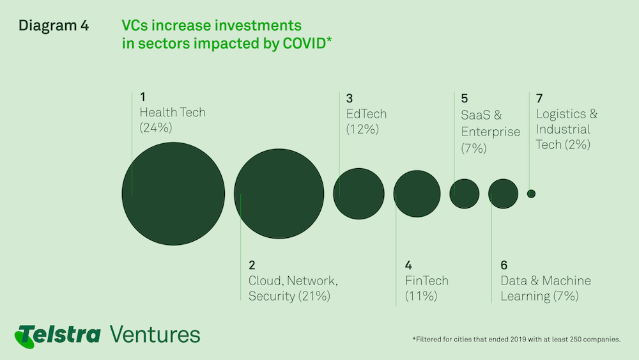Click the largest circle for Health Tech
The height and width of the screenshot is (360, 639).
coord(173,194)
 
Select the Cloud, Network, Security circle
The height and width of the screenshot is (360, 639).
coord(279,194)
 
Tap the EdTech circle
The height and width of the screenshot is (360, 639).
coord(358,194)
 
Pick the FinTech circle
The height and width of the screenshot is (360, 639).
coord(417,194)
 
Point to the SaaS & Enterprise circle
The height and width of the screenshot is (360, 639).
coord(465,194)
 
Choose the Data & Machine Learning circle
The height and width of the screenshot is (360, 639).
coord(504,194)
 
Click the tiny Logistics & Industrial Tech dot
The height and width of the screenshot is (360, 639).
coord(531,194)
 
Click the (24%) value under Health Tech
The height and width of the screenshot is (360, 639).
coord(156,128)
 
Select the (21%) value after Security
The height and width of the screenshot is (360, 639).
coord(314,295)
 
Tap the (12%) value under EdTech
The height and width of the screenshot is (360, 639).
coord(362,129)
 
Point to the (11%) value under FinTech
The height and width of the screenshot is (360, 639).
coord(421,295)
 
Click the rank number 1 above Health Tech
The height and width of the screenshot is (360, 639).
coord(142,97)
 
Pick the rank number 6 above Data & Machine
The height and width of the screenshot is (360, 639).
coord(504,265)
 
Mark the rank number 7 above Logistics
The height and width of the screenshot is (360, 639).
coord(539,98)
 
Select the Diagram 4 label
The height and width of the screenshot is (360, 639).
coord(54,26)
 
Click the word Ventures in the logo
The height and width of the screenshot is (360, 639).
coord(155,334)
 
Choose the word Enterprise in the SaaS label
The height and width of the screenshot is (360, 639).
coord(491,132)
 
